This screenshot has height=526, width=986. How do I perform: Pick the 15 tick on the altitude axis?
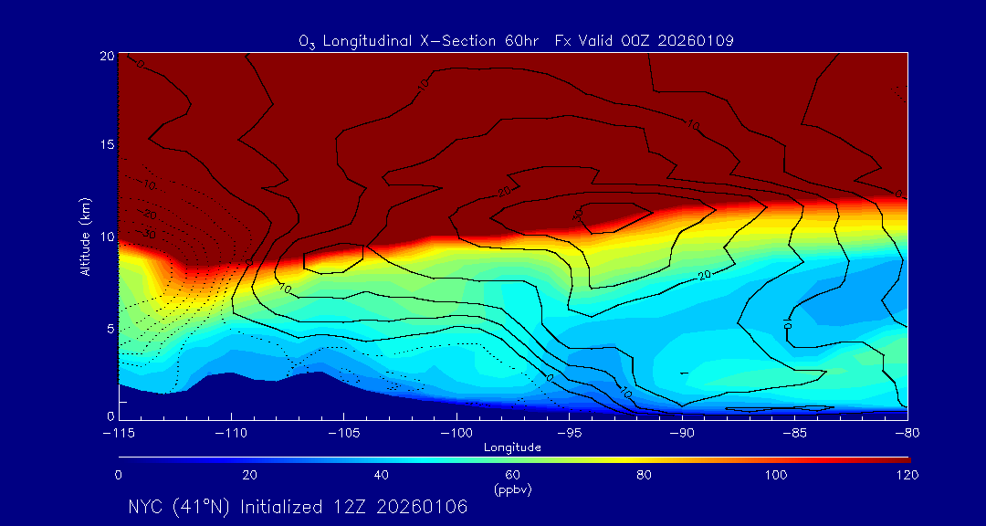click(106, 145)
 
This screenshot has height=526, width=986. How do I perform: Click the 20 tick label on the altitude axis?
click(106, 56)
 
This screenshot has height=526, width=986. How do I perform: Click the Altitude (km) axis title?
click(86, 237)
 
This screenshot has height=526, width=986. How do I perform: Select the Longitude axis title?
click(512, 447)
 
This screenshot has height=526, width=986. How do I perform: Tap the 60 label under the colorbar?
click(512, 475)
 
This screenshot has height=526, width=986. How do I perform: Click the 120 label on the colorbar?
click(907, 475)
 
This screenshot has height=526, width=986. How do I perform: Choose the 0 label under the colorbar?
click(118, 475)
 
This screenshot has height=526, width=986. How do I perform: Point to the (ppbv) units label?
click(512, 489)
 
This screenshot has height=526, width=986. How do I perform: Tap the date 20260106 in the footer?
click(427, 507)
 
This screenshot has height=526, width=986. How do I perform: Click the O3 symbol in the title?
click(306, 41)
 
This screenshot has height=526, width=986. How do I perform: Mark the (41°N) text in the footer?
click(203, 507)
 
